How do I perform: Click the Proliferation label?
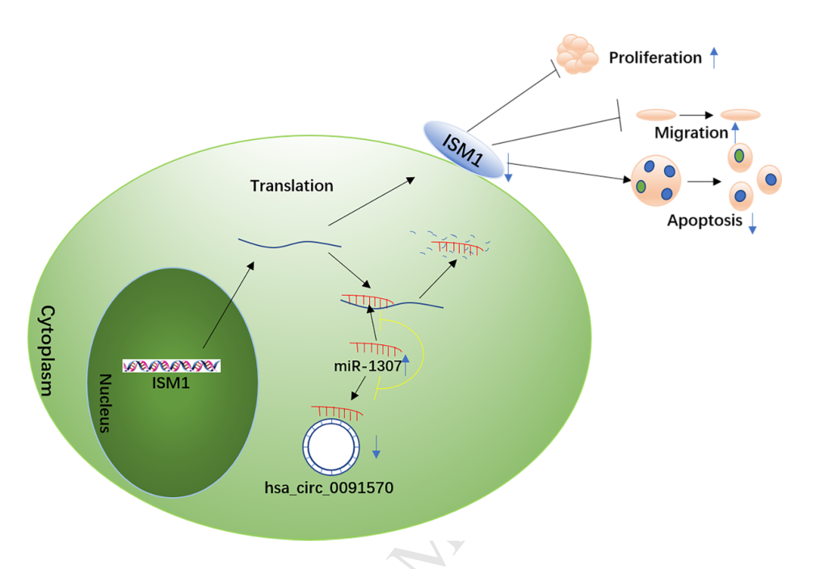(655, 58)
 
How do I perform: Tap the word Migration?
(692, 133)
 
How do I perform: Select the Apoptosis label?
(704, 220)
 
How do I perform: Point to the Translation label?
(292, 186)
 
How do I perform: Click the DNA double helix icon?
(171, 366)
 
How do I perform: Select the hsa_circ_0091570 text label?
(329, 487)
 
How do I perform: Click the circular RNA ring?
(330, 445)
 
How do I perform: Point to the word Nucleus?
(104, 403)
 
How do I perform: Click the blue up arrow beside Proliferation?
(713, 57)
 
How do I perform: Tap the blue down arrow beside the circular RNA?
(376, 446)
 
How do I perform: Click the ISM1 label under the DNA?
(170, 382)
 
